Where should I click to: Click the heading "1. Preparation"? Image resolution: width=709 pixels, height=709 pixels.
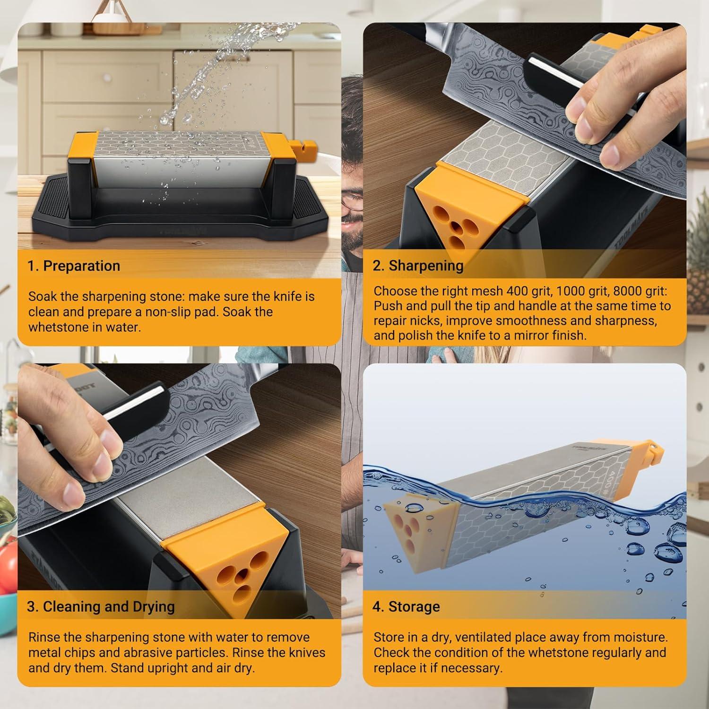click(x=74, y=266)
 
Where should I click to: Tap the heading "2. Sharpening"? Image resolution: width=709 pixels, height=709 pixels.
click(x=418, y=266)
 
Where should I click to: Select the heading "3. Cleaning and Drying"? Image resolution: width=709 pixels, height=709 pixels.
click(x=101, y=606)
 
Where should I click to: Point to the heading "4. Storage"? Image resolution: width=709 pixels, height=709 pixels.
click(x=406, y=606)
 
